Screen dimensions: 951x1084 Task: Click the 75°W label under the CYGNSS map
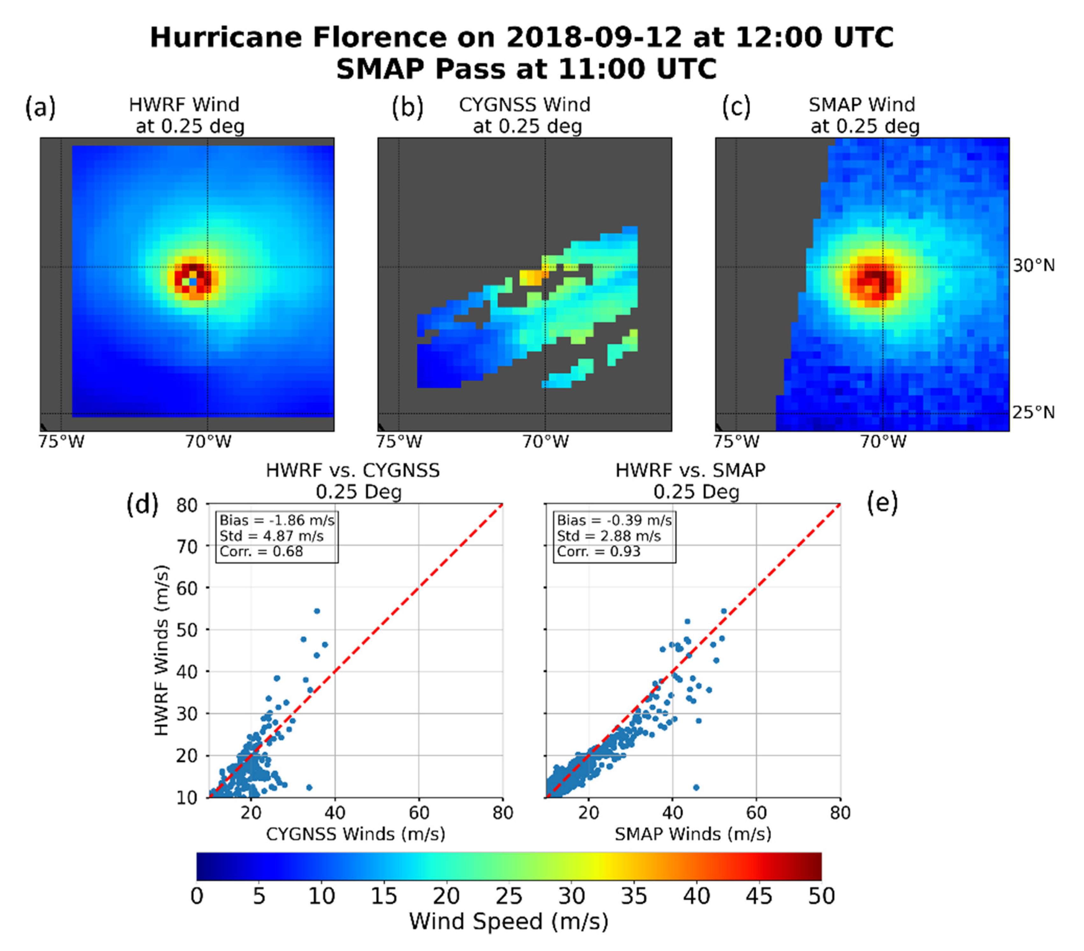coord(399,442)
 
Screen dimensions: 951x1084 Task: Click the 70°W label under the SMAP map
coord(883,442)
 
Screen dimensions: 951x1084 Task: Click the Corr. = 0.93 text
coord(598,552)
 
